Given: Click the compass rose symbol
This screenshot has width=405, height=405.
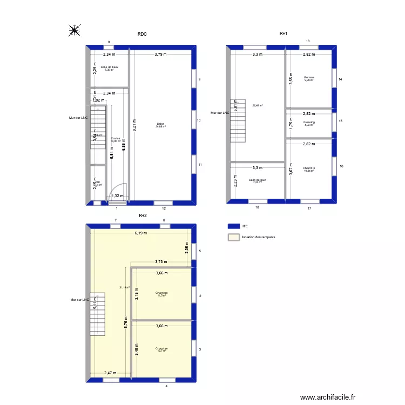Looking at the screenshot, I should point(75,31).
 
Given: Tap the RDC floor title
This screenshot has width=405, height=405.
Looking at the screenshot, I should point(142,34).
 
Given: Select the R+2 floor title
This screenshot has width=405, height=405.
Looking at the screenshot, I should point(142,215).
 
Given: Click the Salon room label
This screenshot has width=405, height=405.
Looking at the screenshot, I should point(160,125).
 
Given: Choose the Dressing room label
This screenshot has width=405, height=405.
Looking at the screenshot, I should point(309,123).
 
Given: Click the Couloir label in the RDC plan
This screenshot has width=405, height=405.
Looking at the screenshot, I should point(116,139).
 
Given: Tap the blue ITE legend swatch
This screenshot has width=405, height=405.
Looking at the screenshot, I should point(233,227).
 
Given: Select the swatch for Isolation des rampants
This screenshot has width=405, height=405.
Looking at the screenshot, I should point(233,237).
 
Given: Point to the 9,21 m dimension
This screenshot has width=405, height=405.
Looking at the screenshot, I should point(134,126).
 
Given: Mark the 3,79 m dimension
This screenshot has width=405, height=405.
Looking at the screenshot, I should point(160,54).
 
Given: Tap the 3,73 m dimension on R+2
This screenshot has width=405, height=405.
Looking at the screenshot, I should point(161,262).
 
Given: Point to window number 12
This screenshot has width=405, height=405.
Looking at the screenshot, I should point(164,203).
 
